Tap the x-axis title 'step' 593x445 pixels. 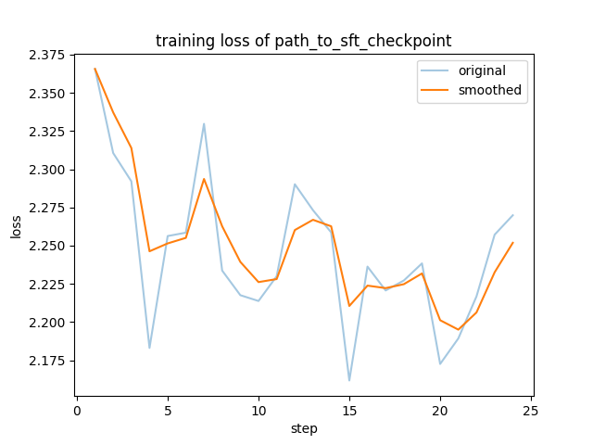click(x=304, y=428)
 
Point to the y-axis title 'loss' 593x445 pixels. click(x=17, y=226)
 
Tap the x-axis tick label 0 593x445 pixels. click(x=77, y=408)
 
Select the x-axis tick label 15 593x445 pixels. click(x=349, y=408)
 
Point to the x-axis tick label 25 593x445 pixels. click(x=531, y=408)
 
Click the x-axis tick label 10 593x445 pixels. click(x=259, y=408)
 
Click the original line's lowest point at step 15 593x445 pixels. click(x=349, y=380)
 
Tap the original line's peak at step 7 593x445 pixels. click(x=204, y=123)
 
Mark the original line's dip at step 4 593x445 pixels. click(x=149, y=348)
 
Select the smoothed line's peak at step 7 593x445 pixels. click(x=204, y=179)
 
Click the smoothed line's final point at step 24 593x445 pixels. click(x=512, y=243)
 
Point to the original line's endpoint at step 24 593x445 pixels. click(x=512, y=215)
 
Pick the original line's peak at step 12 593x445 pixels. click(x=295, y=184)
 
